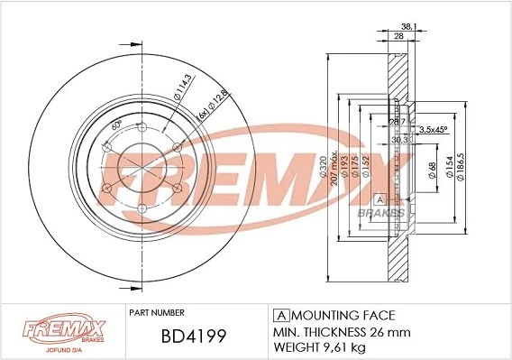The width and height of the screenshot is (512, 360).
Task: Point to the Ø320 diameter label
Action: (x=323, y=169)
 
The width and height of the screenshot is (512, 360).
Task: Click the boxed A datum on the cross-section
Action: (x=379, y=198)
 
